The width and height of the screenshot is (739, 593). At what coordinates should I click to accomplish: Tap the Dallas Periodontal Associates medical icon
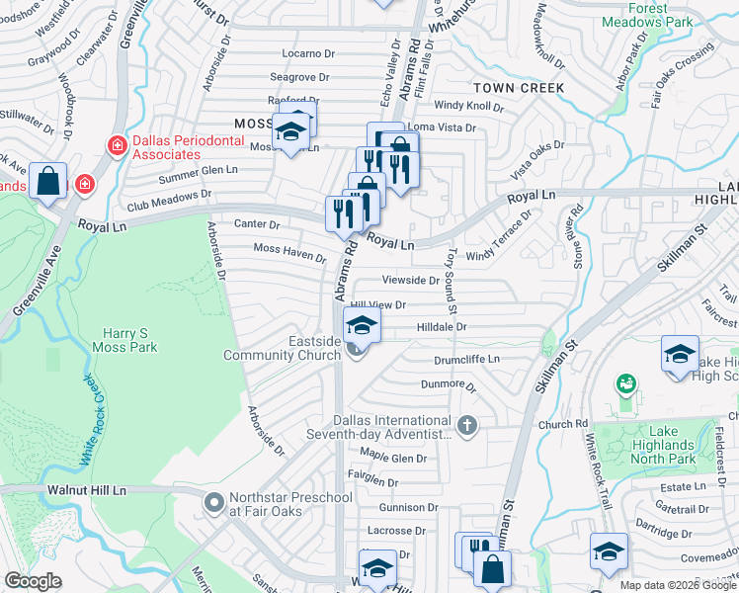point(117,145)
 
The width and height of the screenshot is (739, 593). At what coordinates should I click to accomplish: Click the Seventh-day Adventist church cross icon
point(467,427)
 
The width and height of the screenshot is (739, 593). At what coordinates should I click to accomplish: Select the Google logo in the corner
point(33,581)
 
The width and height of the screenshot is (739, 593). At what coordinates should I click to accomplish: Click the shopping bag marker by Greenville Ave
point(47,182)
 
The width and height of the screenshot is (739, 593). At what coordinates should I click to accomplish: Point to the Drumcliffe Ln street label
point(466,360)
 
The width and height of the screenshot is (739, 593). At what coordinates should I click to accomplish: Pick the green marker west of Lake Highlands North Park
point(624,382)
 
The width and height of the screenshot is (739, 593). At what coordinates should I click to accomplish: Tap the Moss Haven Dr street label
point(289,253)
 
